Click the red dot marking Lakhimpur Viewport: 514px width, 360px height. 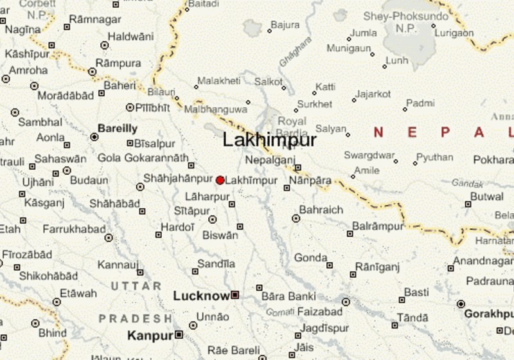(x=220, y=181)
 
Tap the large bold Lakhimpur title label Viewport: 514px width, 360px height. (x=269, y=140)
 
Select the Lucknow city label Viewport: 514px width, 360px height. (x=201, y=296)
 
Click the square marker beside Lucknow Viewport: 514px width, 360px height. (x=235, y=295)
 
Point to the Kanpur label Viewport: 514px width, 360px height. (x=150, y=335)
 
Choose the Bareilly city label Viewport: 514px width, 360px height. (x=118, y=128)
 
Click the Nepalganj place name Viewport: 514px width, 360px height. (x=270, y=160)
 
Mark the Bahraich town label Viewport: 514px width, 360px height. (x=321, y=210)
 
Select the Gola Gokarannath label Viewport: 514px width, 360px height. (x=143, y=157)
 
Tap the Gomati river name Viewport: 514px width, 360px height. (x=279, y=312)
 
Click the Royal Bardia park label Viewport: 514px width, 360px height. (x=292, y=127)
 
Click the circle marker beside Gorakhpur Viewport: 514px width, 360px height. (x=461, y=303)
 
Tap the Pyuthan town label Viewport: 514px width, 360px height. (x=434, y=157)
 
